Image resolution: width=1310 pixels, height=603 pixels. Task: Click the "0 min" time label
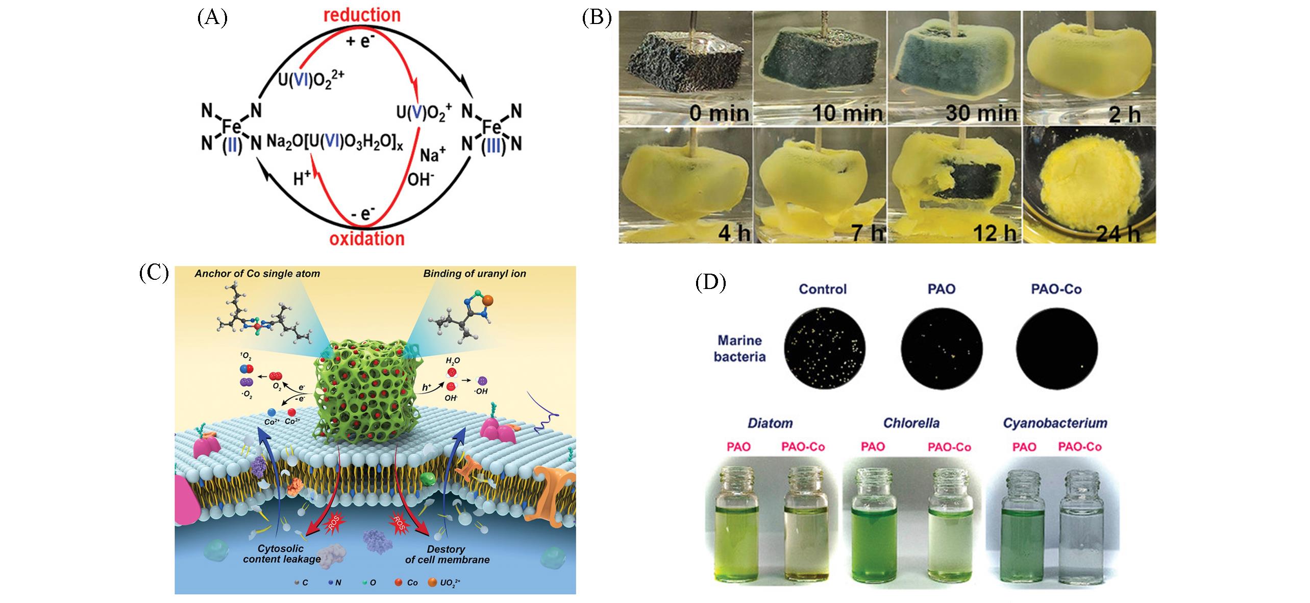coord(719,112)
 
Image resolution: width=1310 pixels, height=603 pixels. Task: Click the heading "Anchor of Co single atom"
coord(257,274)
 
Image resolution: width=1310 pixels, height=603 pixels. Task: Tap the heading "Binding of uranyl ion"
coord(474,274)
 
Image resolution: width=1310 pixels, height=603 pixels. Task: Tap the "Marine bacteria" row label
coord(739,348)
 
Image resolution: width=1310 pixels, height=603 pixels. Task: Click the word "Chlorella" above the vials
coord(911,423)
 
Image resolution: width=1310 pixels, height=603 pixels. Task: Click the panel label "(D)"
coord(710,283)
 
